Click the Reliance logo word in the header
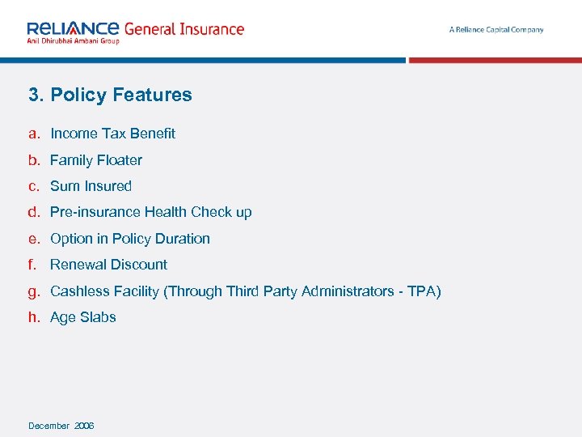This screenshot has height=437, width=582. tap(73, 28)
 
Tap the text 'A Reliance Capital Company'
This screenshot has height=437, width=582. tap(496, 30)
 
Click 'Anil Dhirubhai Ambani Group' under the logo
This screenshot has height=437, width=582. tap(73, 40)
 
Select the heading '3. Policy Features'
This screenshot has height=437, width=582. tap(110, 95)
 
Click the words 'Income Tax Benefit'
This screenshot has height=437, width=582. tap(112, 134)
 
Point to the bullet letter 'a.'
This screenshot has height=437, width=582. tap(34, 134)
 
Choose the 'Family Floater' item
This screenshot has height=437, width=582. tap(96, 160)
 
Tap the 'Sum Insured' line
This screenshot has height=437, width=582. tap(91, 186)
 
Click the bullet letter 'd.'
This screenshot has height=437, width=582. tap(34, 212)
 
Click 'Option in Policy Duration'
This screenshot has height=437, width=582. tap(130, 239)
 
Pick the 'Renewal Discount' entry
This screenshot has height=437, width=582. tap(109, 265)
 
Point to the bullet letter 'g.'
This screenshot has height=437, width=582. tap(34, 291)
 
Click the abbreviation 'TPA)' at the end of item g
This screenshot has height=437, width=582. tap(424, 291)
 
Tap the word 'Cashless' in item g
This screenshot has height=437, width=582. tap(77, 291)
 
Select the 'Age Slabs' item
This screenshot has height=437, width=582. tap(83, 317)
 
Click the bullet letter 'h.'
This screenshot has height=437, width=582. tap(34, 317)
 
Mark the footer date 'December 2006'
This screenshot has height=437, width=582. tap(61, 426)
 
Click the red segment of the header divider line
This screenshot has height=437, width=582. tap(495, 60)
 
